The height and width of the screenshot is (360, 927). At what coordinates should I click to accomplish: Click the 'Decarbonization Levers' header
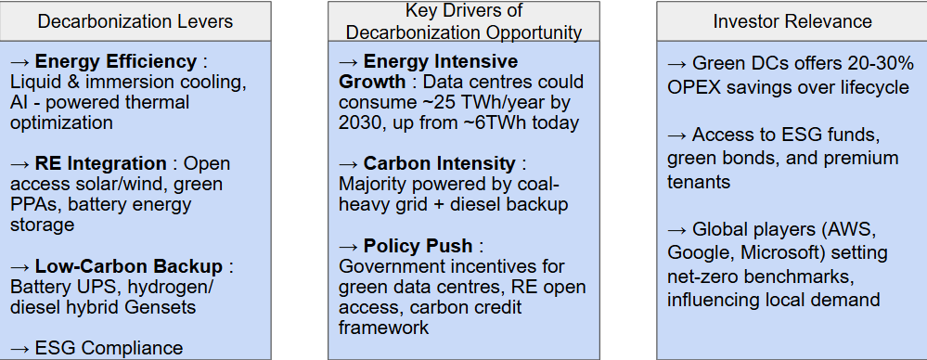(x=135, y=21)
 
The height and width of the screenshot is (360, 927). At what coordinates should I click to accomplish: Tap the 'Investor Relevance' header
(x=792, y=21)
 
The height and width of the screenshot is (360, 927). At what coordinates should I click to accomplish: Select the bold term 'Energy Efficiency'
(x=116, y=61)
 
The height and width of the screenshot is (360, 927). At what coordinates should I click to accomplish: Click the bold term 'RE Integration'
(x=100, y=163)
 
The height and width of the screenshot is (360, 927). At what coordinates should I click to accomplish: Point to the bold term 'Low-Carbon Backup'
(x=129, y=266)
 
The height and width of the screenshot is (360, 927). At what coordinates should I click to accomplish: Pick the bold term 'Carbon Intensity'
(x=439, y=163)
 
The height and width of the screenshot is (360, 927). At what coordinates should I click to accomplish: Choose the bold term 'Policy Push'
(x=418, y=245)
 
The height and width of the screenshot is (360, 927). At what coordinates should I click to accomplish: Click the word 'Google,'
(x=702, y=253)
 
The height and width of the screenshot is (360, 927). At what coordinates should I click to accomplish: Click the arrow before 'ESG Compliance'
(x=19, y=348)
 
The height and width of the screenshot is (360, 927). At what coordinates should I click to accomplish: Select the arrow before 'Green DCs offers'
(x=676, y=63)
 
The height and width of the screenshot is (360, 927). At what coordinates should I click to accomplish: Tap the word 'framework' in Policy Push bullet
(x=383, y=328)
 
